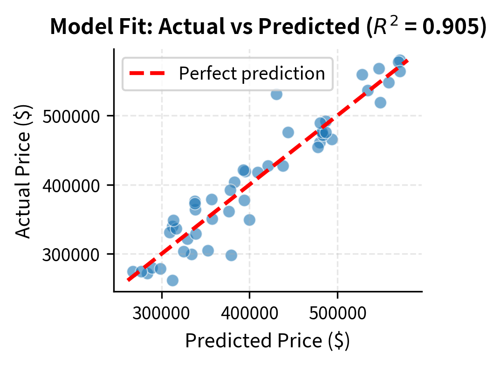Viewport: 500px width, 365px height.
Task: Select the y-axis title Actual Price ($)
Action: point(23,171)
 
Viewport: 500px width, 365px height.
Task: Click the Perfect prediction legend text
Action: point(252,74)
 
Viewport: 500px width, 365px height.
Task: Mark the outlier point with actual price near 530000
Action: point(276,94)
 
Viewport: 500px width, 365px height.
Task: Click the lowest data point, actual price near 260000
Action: point(172,280)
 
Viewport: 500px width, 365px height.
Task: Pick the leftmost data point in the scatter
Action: point(133,271)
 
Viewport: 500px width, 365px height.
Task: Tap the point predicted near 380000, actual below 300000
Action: point(231,255)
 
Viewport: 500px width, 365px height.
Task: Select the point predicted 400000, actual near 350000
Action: point(249,220)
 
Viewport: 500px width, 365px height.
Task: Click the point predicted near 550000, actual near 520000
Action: point(380,102)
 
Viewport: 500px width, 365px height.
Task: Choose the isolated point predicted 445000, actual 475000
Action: point(288,132)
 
